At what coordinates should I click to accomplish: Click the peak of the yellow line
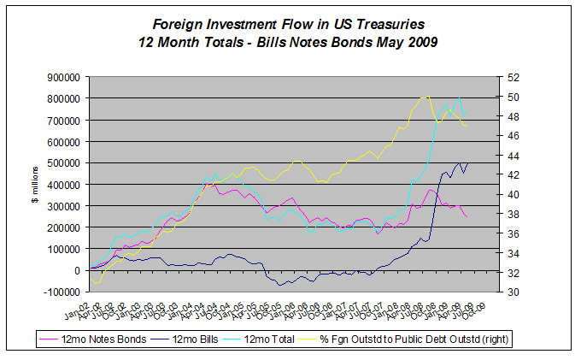pyautogui.click(x=426, y=97)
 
